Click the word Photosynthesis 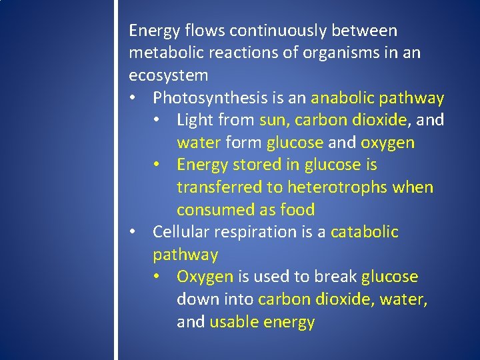click(x=209, y=98)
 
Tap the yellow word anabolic click(x=343, y=98)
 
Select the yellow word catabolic click(x=364, y=232)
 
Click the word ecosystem click(x=168, y=75)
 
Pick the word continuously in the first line click(x=287, y=31)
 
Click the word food click(x=297, y=209)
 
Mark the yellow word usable click(x=234, y=322)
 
